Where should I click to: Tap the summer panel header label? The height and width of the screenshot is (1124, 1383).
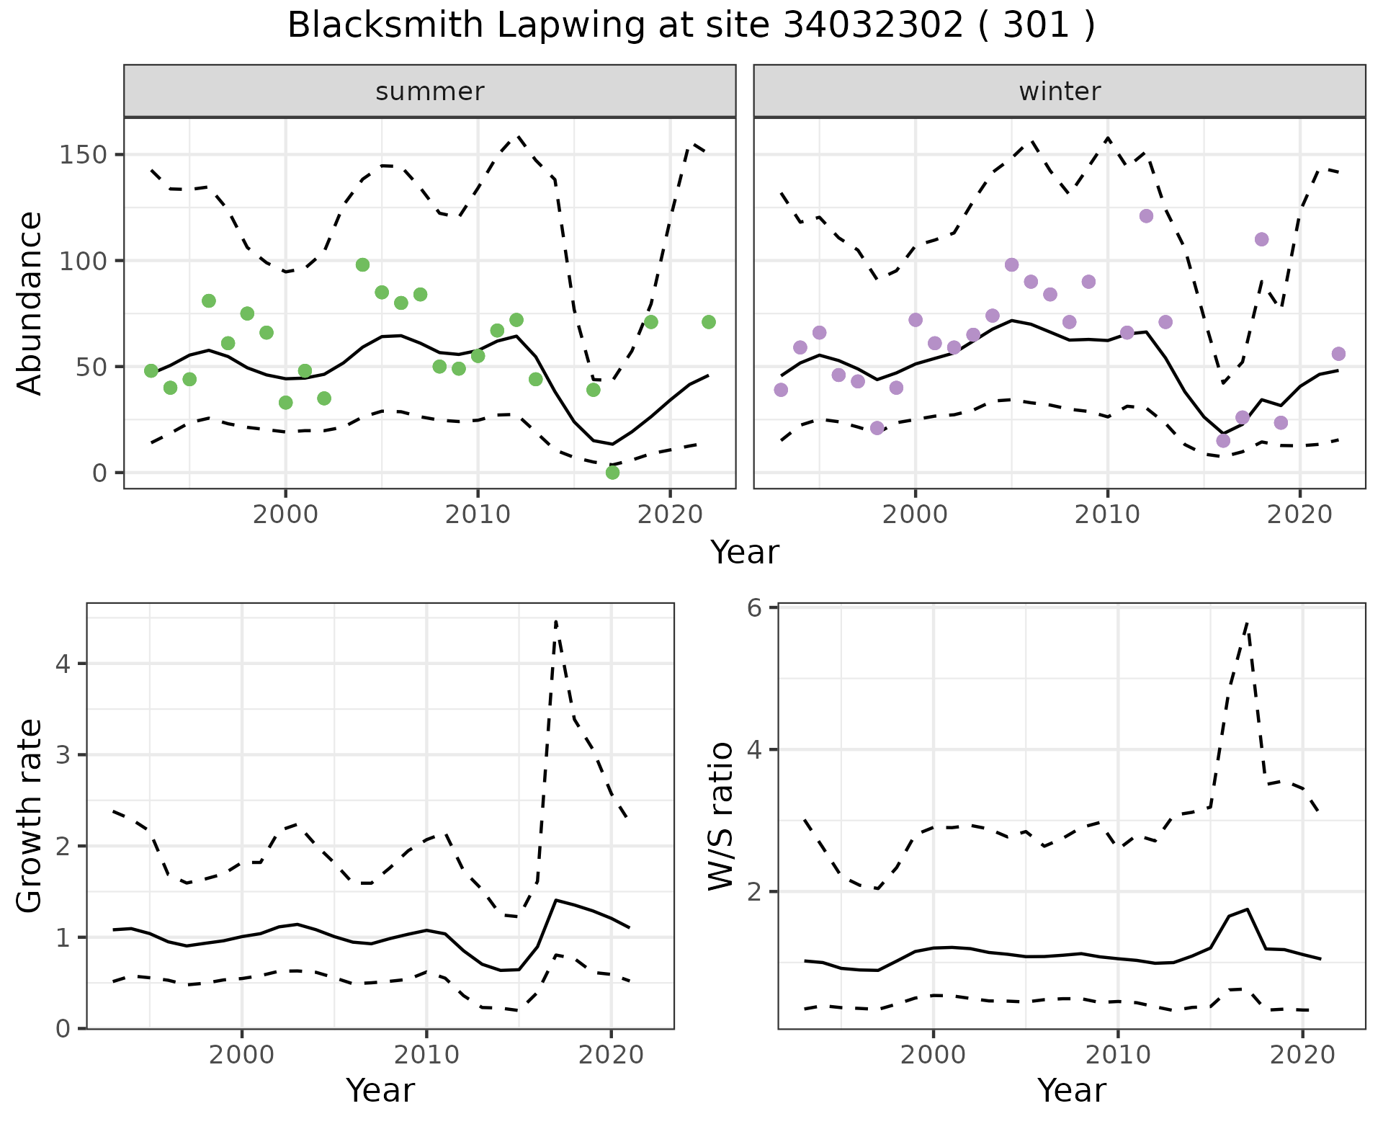point(430,92)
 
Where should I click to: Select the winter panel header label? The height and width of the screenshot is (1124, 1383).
point(1060,92)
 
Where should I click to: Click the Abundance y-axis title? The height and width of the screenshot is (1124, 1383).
point(30,303)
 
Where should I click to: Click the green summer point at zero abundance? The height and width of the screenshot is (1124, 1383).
point(612,473)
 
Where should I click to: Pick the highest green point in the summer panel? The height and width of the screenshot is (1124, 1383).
point(362,264)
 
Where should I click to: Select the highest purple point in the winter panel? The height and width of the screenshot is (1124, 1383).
point(1146,216)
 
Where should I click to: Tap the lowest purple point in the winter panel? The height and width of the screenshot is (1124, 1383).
point(1223,440)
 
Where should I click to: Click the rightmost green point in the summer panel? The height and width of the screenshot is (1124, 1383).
point(708,322)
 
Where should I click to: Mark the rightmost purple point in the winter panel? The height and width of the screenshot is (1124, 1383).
point(1338,354)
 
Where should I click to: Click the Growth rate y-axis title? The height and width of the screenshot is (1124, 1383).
point(30,816)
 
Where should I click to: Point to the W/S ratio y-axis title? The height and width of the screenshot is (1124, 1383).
point(721,816)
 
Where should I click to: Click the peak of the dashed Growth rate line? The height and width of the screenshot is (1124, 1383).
point(556,621)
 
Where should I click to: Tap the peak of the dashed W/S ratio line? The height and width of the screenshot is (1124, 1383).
point(1247,623)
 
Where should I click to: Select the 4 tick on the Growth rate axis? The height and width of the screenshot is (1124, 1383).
point(63,664)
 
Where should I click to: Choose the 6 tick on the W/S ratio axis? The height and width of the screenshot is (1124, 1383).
point(754,608)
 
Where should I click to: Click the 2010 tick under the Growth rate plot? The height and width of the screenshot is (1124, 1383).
point(426,1056)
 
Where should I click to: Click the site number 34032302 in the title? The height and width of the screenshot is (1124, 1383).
point(872,26)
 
